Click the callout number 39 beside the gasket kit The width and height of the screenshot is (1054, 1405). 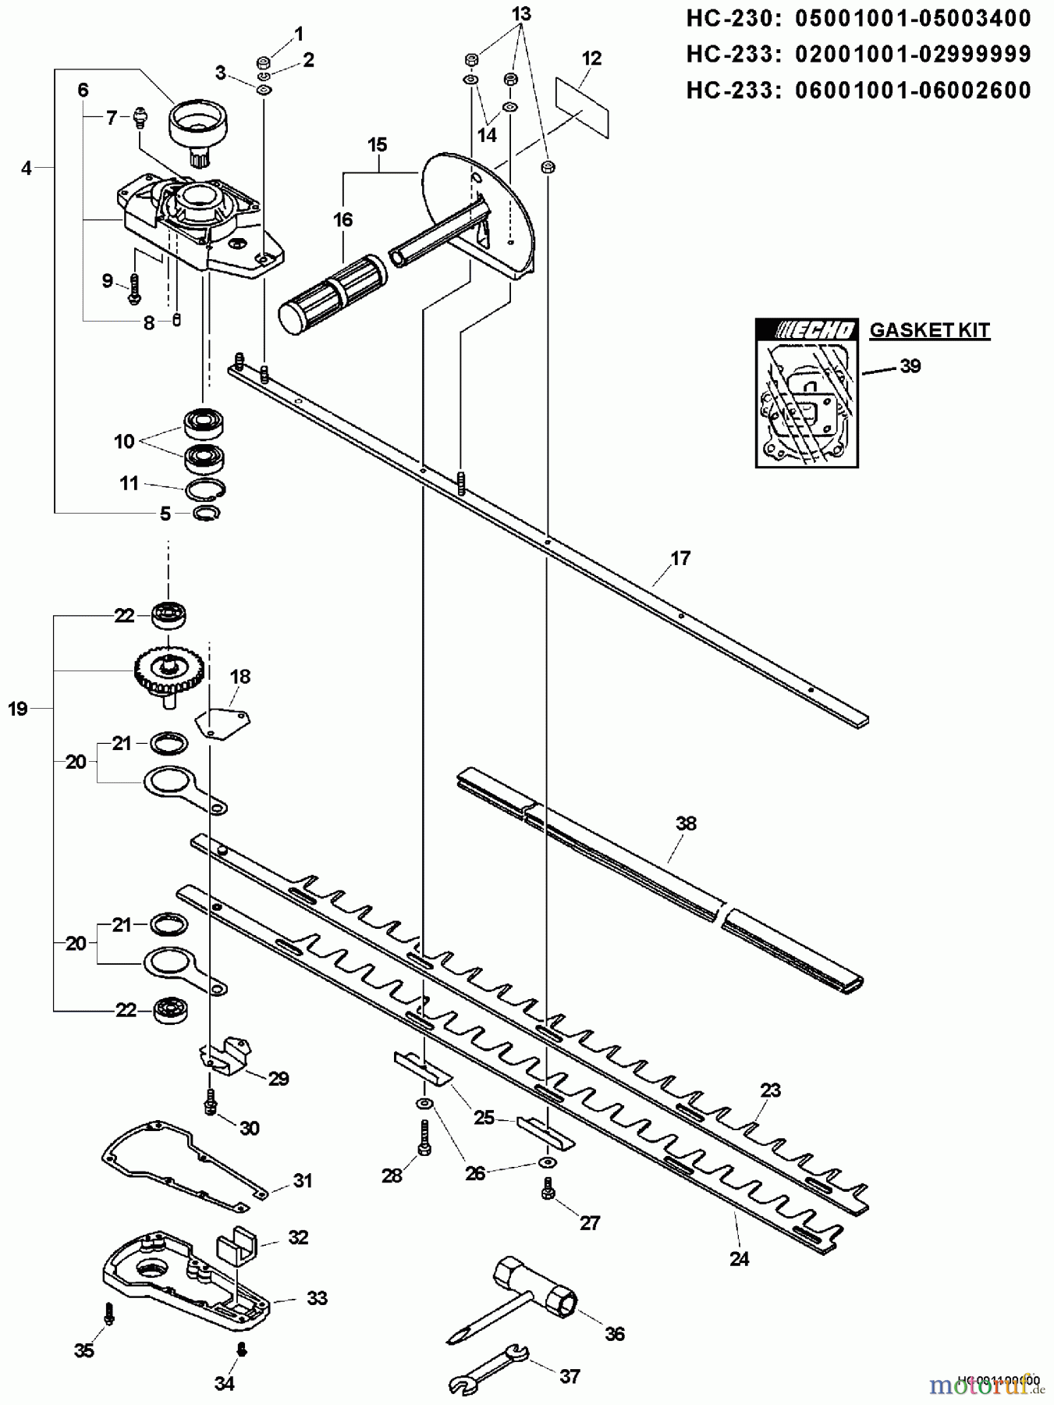[910, 365]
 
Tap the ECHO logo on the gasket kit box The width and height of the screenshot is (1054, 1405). [807, 331]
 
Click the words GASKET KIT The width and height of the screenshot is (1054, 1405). [929, 330]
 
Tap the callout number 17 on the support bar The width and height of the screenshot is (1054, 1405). [680, 558]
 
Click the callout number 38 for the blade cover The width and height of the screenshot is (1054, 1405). [686, 823]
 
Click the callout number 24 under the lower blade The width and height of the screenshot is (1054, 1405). [739, 1258]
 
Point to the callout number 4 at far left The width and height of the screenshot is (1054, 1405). [27, 168]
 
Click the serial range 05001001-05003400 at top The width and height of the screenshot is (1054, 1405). [913, 20]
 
